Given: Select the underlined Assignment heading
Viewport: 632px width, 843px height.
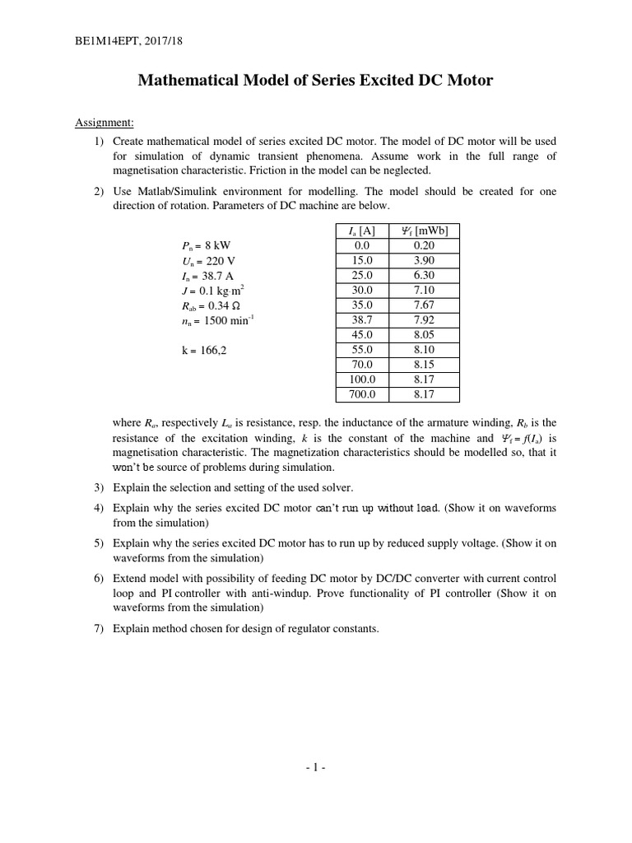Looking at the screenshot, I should [x=105, y=123].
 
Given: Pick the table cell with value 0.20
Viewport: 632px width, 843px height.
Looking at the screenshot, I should [x=424, y=246].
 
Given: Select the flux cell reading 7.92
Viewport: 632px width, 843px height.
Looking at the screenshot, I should [x=424, y=320].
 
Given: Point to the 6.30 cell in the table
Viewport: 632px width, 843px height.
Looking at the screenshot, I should [x=424, y=276].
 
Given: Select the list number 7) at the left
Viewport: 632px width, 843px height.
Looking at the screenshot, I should [x=98, y=629].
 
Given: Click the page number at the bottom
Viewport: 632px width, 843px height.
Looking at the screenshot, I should [x=315, y=768].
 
